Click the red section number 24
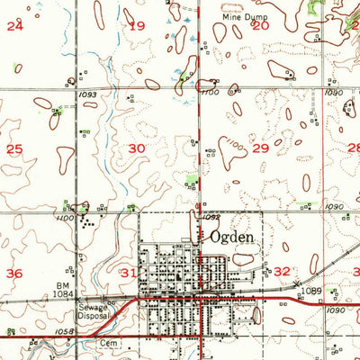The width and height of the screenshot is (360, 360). pyautogui.click(x=14, y=26)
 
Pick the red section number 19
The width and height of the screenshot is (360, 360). pyautogui.click(x=137, y=26)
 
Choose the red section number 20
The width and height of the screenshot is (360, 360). pyautogui.click(x=261, y=26)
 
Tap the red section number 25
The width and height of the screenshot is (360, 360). pyautogui.click(x=14, y=148)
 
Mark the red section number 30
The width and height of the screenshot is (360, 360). pyautogui.click(x=137, y=148)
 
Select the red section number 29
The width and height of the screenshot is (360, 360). pyautogui.click(x=261, y=148)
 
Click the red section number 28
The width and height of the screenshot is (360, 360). pyautogui.click(x=354, y=148)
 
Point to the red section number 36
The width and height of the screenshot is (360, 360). pyautogui.click(x=14, y=273)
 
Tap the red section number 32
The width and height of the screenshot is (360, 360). pyautogui.click(x=283, y=271)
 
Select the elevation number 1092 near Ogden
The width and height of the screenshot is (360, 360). pyautogui.click(x=211, y=217)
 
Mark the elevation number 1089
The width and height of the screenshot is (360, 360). pyautogui.click(x=311, y=292)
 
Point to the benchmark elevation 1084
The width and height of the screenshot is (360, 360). pyautogui.click(x=89, y=293)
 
